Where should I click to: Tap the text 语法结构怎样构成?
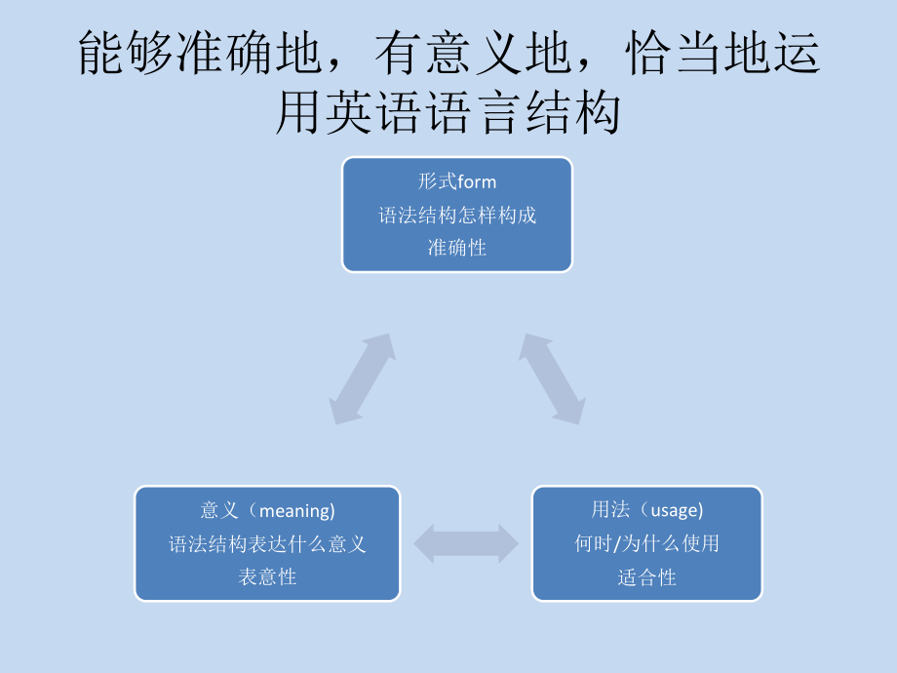(x=457, y=216)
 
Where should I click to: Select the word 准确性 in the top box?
(x=457, y=248)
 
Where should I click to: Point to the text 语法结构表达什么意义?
(x=267, y=544)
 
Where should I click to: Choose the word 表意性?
(x=267, y=576)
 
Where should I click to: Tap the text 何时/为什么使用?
(x=646, y=543)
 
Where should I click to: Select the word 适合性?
(x=646, y=576)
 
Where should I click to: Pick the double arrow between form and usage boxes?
(x=552, y=378)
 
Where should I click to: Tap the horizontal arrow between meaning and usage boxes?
(x=466, y=543)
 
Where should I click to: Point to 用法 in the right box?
(x=609, y=510)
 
